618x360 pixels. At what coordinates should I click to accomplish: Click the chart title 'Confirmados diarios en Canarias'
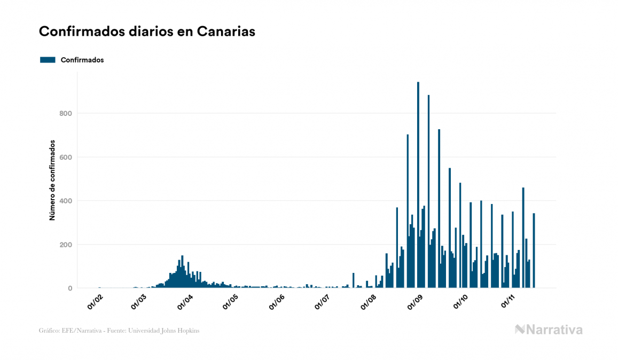(x=147, y=32)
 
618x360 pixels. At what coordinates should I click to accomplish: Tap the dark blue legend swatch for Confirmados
(x=48, y=60)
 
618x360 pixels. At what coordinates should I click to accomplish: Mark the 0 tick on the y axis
(x=69, y=288)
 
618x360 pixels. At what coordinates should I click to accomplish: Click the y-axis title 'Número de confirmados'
(x=52, y=181)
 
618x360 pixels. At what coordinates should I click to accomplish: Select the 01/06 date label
(x=277, y=302)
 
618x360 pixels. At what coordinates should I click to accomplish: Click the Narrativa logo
(x=549, y=330)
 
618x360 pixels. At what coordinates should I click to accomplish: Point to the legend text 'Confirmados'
(x=82, y=60)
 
